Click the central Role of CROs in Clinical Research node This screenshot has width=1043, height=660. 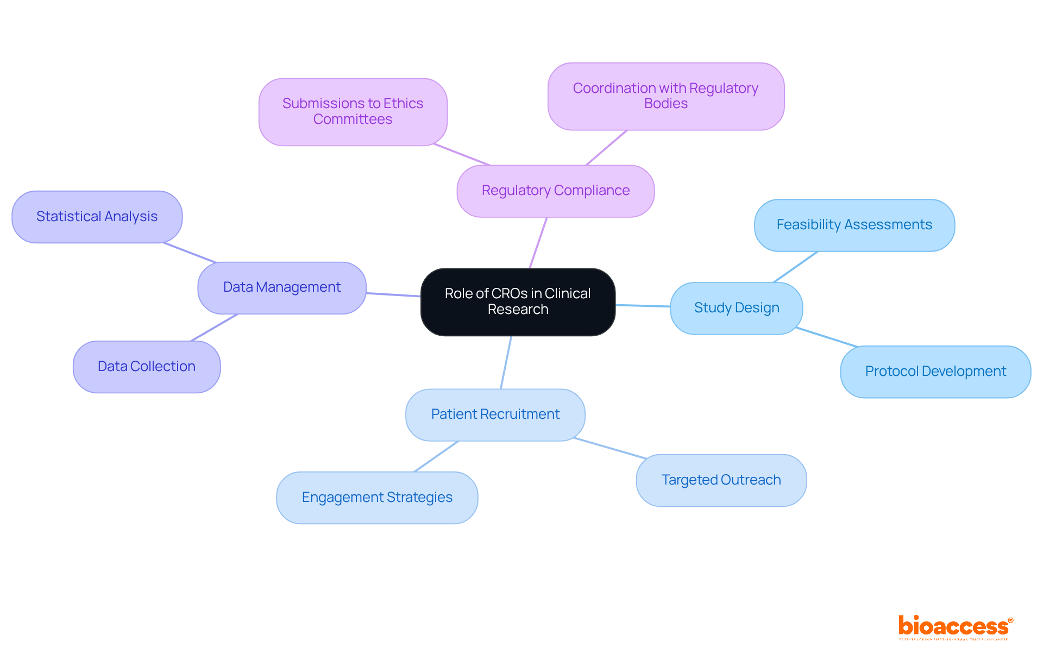pyautogui.click(x=518, y=302)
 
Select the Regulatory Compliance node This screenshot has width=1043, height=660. pyautogui.click(x=555, y=191)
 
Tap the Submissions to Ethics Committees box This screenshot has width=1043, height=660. pyautogui.click(x=353, y=112)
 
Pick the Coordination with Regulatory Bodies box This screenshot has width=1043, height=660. pyautogui.click(x=665, y=96)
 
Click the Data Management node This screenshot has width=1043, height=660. pyautogui.click(x=281, y=287)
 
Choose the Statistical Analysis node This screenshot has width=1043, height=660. pyautogui.click(x=97, y=217)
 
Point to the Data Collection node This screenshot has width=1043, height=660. pyautogui.click(x=146, y=367)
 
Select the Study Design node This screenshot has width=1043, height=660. pyautogui.click(x=736, y=308)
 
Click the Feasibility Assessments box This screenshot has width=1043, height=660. pyautogui.click(x=854, y=225)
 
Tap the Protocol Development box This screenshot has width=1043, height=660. pyautogui.click(x=935, y=372)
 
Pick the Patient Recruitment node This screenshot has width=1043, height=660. pyautogui.click(x=495, y=414)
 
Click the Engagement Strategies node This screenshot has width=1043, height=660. pyautogui.click(x=377, y=498)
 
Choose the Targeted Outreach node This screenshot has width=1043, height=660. pyautogui.click(x=721, y=480)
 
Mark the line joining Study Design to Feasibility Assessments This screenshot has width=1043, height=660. pyautogui.click(x=796, y=267)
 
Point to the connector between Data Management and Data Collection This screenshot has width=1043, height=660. pyautogui.click(x=215, y=328)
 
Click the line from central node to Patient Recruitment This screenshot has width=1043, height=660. pyautogui.click(x=506, y=362)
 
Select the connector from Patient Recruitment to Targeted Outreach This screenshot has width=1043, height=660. pyautogui.click(x=610, y=448)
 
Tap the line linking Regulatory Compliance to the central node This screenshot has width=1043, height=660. pyautogui.click(x=538, y=243)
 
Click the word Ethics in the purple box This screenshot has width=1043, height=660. pyautogui.click(x=403, y=104)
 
